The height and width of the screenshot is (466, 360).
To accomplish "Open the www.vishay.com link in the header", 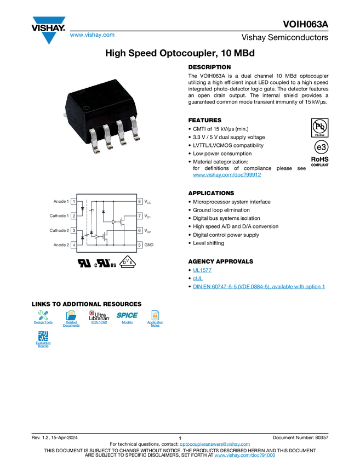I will [x=92, y=35].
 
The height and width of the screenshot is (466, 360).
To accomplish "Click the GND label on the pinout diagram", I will [x=149, y=244].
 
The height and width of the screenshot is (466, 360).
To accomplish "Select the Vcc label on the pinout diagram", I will [x=148, y=202].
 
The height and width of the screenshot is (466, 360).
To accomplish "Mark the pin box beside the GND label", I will [x=140, y=244].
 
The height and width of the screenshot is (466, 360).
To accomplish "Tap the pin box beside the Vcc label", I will [x=140, y=202].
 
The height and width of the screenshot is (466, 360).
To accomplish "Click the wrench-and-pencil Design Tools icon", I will [x=44, y=315].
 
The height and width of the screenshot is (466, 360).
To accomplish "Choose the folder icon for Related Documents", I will [x=71, y=315].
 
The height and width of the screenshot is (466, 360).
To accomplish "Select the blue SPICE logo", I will [x=127, y=315].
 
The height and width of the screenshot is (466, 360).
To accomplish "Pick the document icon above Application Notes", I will [x=155, y=315].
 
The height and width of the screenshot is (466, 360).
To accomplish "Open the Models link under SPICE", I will [x=127, y=322].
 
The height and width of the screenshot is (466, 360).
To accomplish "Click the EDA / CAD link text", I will [x=99, y=322].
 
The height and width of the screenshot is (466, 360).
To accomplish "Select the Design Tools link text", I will [x=44, y=322].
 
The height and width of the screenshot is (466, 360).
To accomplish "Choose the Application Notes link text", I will [x=155, y=324].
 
